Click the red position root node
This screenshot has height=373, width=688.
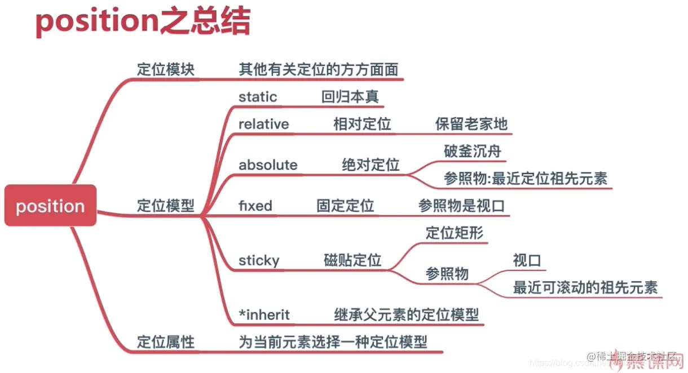[50, 206]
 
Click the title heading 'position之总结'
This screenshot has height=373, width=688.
[143, 23]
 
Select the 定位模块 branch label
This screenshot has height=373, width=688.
[165, 69]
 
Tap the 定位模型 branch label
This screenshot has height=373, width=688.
[165, 206]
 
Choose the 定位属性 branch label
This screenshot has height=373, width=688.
[165, 341]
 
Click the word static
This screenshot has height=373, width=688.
[258, 97]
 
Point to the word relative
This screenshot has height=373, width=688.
[263, 124]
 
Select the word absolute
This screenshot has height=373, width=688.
[268, 165]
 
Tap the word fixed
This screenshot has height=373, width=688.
[255, 206]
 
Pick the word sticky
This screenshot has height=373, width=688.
[259, 260]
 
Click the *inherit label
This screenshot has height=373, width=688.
[264, 314]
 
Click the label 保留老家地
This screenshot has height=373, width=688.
[471, 124]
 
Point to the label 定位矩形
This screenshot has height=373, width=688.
[454, 233]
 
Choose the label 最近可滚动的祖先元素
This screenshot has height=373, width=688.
[585, 287]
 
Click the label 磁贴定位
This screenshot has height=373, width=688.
[352, 260]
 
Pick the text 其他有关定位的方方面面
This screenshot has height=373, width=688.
[318, 69]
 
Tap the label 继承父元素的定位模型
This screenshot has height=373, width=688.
[405, 314]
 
